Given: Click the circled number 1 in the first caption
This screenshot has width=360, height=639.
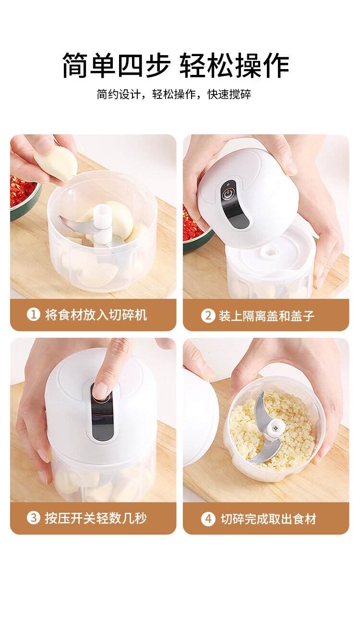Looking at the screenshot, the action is (x=34, y=315).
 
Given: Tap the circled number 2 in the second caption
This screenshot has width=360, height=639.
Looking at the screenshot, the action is (x=208, y=316).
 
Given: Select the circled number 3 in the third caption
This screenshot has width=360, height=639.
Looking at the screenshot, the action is (x=34, y=518).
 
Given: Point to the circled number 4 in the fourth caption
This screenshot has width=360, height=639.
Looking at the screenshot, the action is (x=208, y=519).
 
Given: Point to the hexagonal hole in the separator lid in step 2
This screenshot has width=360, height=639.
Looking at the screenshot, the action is (x=269, y=251).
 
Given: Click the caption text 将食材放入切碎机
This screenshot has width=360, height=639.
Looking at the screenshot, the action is (x=96, y=315).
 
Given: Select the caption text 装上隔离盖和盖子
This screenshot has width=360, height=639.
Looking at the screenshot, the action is (x=267, y=316).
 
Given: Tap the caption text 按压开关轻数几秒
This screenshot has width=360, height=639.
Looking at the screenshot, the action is (x=96, y=518).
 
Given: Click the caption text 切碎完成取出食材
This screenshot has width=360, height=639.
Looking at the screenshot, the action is (x=268, y=519).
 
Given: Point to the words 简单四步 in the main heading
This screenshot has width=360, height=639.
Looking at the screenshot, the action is (x=116, y=65).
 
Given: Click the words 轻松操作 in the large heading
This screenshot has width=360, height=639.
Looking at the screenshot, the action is (x=234, y=65).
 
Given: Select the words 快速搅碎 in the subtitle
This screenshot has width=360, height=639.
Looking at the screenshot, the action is (x=229, y=94).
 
